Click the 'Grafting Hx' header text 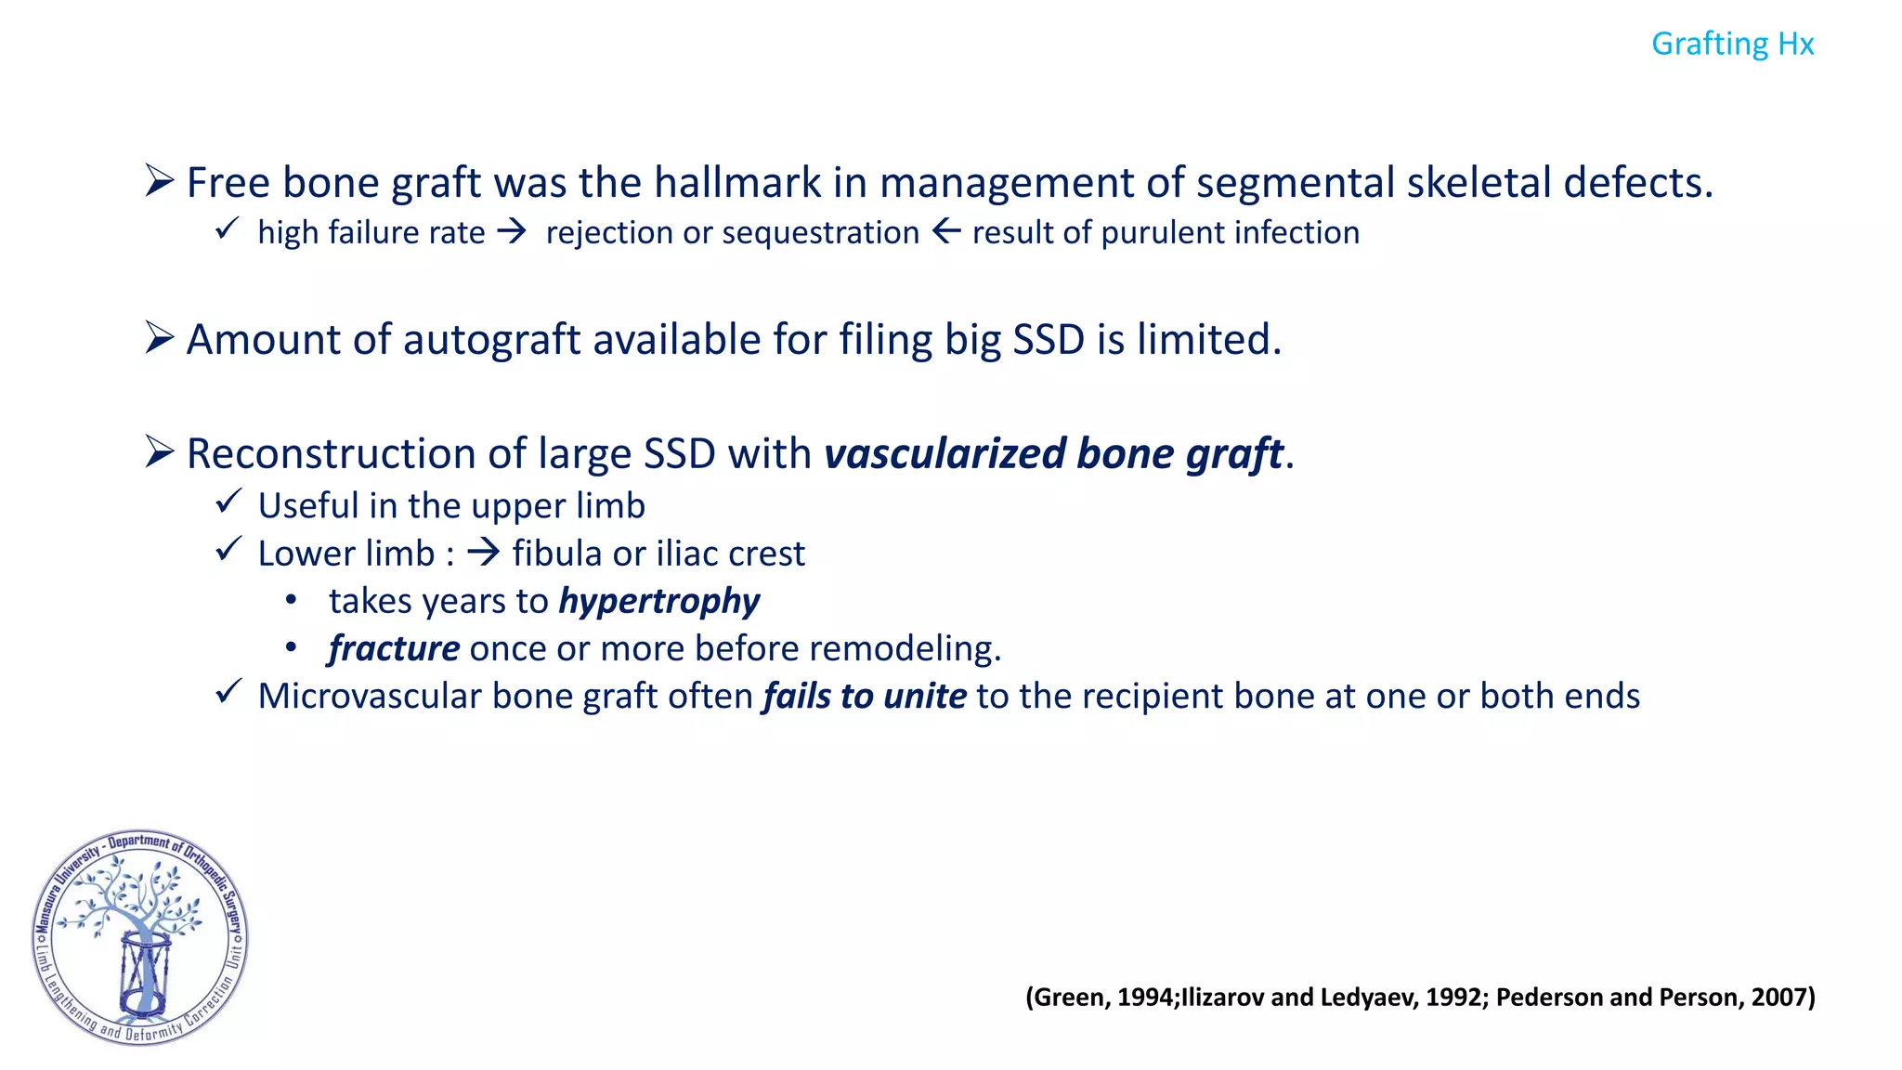(1732, 44)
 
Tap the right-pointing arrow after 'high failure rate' (512, 231)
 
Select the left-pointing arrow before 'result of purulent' (945, 231)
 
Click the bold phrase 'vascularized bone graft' (1053, 454)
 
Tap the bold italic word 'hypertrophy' (659, 602)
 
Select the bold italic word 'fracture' (394, 648)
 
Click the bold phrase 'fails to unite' (865, 697)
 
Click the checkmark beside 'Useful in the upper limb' (228, 502)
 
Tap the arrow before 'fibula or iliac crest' (483, 554)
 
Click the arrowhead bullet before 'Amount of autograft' (160, 338)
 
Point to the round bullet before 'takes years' (292, 601)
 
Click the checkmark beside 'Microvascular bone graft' (228, 693)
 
